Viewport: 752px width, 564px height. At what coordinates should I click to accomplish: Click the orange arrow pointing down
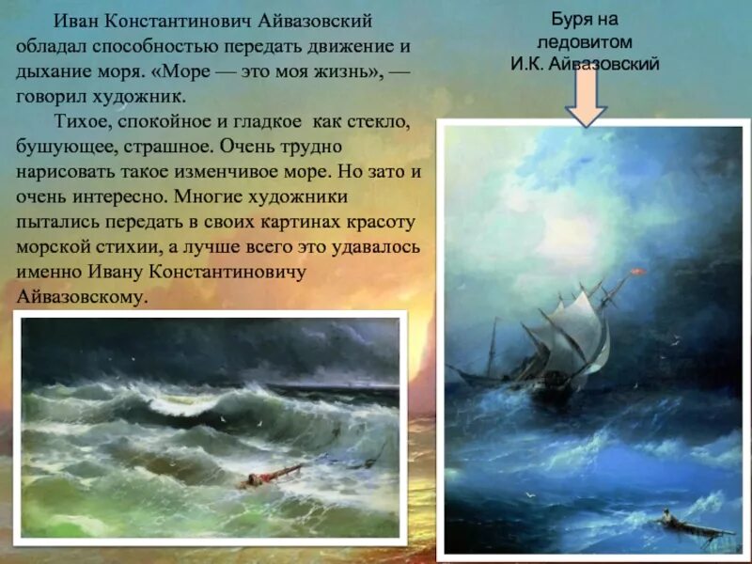(587, 99)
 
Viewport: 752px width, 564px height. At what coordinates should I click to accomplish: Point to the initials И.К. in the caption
(530, 64)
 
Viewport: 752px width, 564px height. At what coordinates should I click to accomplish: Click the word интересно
(113, 198)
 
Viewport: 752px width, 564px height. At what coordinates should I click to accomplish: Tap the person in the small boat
(665, 516)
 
